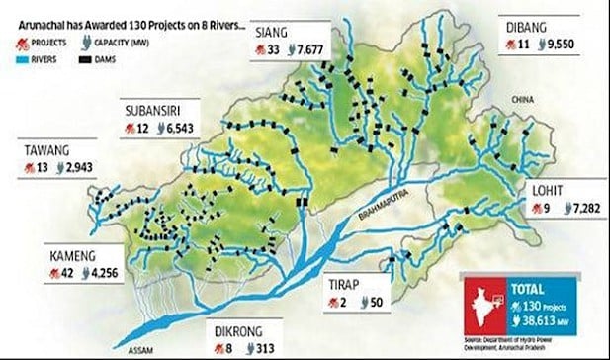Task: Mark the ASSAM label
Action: tap(128, 347)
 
